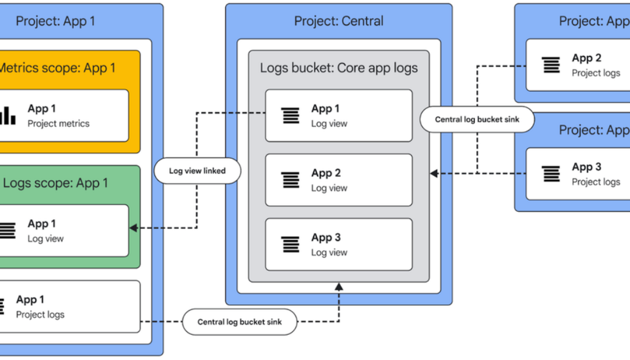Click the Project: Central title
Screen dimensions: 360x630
[x=338, y=21]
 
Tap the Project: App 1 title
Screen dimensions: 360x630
[x=55, y=21]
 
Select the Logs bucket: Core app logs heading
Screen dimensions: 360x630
[x=338, y=68]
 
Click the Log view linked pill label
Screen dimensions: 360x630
[x=197, y=170]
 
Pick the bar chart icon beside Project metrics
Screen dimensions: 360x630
[x=7, y=115]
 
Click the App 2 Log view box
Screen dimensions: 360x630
[x=338, y=180]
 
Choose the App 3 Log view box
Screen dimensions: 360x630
[x=338, y=244]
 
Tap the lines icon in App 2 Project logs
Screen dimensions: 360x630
[x=551, y=65]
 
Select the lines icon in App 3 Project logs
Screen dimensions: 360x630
[x=551, y=174]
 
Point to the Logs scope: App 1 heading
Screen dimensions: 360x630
[x=55, y=183]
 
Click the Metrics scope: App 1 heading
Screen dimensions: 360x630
[x=57, y=68]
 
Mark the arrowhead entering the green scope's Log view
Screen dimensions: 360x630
[x=133, y=228]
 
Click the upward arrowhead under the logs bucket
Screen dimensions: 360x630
[x=338, y=286]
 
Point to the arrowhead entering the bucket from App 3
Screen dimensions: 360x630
[x=434, y=174]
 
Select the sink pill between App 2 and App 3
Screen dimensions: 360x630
[x=477, y=119]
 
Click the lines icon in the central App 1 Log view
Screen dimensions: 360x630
[x=290, y=115]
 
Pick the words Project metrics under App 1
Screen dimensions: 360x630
[x=58, y=124]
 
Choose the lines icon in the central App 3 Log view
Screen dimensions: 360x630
[x=290, y=244]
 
